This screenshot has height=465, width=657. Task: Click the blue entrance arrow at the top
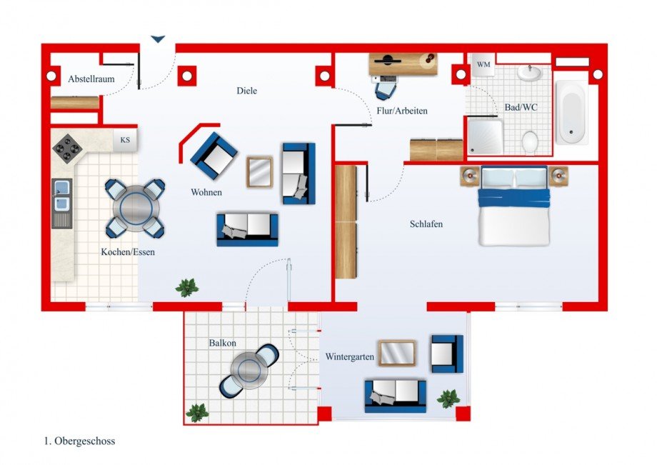coord(158,39)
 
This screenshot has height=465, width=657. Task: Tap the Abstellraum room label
coord(91,79)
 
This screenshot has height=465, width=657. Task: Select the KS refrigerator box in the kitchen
coord(126,140)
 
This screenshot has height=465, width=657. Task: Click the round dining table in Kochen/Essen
coord(135,208)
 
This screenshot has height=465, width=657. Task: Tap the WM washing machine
coord(483,65)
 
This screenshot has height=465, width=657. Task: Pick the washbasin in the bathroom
coord(529,73)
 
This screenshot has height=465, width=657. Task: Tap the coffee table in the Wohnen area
coord(259,171)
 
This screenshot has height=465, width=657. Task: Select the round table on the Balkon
coord(249,371)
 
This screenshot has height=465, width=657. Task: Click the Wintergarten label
coord(349,356)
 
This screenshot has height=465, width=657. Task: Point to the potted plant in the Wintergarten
coord(448,399)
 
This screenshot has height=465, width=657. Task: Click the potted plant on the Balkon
coord(196,412)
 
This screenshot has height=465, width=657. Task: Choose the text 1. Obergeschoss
coord(79,441)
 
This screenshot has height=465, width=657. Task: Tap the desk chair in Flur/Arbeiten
coord(386,89)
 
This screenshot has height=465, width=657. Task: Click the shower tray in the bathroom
coord(485,136)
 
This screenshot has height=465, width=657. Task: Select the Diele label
coord(246,91)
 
